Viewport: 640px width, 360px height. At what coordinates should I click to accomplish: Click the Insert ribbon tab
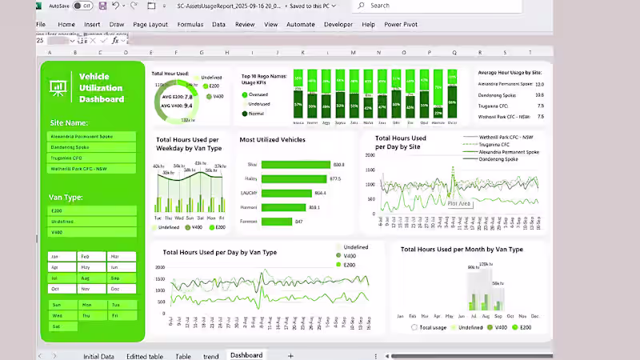[92, 25]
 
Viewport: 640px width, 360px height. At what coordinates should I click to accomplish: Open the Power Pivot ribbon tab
[401, 25]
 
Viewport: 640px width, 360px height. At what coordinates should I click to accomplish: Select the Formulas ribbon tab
[190, 25]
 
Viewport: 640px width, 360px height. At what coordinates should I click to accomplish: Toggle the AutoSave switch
[82, 6]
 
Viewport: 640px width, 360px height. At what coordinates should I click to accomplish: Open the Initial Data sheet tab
[98, 356]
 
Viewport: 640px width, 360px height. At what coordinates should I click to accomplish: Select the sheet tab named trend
[210, 356]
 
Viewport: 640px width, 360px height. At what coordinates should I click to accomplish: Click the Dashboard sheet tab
[246, 355]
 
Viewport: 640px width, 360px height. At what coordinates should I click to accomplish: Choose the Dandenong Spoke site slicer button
[91, 147]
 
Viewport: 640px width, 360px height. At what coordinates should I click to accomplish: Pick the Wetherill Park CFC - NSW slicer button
[91, 169]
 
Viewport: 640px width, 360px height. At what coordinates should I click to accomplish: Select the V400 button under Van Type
[91, 232]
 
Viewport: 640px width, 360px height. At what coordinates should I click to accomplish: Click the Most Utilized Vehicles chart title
[272, 140]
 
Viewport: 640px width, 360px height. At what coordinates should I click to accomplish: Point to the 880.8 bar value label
[338, 165]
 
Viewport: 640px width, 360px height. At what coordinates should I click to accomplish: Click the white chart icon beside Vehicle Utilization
[58, 87]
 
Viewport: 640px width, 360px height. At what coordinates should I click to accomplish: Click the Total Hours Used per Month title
[462, 250]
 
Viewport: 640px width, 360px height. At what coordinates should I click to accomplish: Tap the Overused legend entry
[258, 94]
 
